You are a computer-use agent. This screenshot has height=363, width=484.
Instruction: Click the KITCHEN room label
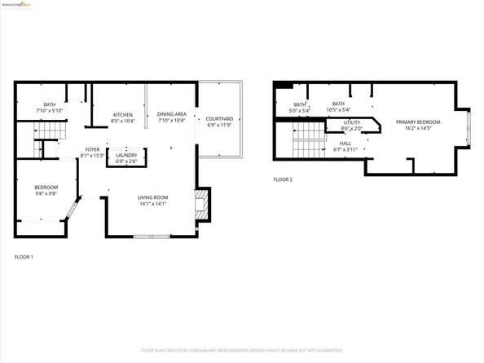(x=122, y=115)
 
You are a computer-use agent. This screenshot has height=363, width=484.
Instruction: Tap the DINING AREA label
(x=172, y=115)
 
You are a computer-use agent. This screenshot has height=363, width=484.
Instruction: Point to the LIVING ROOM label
(x=152, y=197)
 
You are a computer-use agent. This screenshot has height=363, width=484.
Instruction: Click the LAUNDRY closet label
(x=126, y=155)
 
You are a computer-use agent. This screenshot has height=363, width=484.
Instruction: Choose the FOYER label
(x=93, y=149)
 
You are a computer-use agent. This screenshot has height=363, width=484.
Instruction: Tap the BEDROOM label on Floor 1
(x=46, y=188)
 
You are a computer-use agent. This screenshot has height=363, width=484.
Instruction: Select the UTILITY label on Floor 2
(x=352, y=122)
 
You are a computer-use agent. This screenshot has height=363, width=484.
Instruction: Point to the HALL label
(x=345, y=144)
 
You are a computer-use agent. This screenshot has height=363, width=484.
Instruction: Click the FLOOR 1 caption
(x=24, y=257)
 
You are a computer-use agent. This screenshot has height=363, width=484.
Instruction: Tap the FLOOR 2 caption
(x=283, y=179)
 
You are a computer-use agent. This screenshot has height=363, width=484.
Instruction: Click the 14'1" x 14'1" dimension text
(x=152, y=203)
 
